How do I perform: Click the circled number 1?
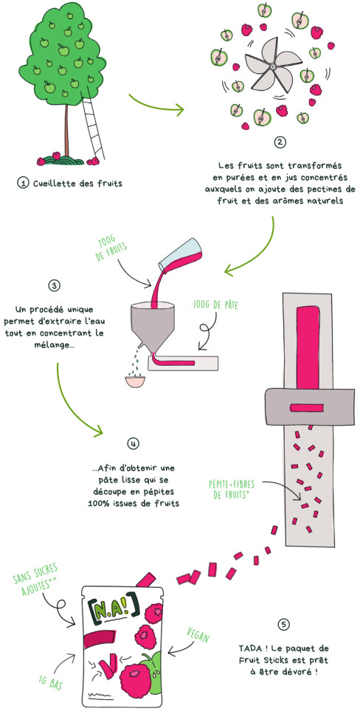[x=21, y=183]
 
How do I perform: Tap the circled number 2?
[x=280, y=142]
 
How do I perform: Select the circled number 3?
[x=54, y=286]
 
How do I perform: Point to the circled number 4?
[x=133, y=443]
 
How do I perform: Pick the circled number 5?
[x=284, y=625]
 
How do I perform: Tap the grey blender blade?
[x=272, y=66]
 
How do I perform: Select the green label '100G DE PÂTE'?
[x=216, y=305]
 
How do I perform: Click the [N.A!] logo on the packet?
[x=114, y=609]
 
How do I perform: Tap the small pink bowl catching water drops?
[x=135, y=380]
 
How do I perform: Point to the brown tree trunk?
[x=66, y=130]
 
